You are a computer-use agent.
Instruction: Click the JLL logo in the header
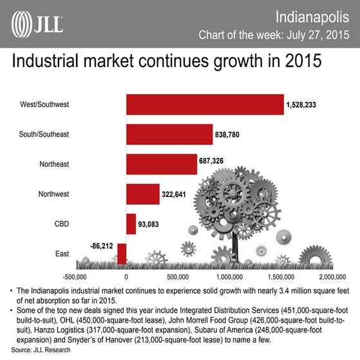(37, 24)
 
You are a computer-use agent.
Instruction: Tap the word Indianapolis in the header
(312, 15)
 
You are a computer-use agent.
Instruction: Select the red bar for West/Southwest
(205, 104)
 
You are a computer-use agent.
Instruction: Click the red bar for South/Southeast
(169, 134)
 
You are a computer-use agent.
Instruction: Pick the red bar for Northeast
(162, 164)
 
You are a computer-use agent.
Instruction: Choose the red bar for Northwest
(142, 194)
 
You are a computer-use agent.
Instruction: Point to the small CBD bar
(131, 224)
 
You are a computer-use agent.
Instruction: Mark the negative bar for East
(122, 254)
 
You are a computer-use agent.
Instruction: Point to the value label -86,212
(102, 245)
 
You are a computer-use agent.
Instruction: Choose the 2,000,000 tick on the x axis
(336, 276)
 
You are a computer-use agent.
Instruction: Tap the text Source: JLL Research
(40, 350)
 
